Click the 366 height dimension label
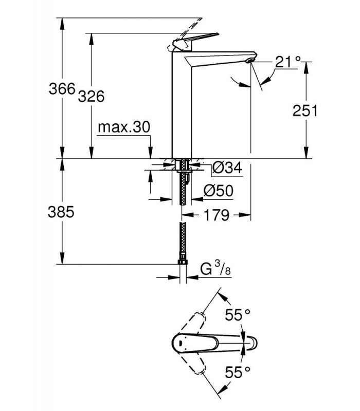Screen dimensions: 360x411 tap(62, 88)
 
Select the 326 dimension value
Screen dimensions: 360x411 tap(92, 96)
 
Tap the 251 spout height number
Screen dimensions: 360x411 tap(305, 110)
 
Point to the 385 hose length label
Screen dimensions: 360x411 tap(61, 212)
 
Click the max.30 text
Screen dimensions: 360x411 tap(124, 127)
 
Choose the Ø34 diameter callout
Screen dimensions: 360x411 tap(227, 167)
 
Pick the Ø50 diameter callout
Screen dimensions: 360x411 tap(218, 191)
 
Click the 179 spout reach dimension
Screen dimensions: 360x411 tap(216, 215)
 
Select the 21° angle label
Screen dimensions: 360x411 tap(287, 62)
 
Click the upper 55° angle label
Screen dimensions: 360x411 tap(238, 314)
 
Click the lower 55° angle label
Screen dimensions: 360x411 tap(238, 372)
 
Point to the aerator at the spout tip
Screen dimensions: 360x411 tap(249, 61)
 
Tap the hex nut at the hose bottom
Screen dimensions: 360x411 tap(183, 262)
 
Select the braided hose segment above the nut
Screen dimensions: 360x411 tap(183, 240)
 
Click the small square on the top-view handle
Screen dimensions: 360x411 tap(181, 343)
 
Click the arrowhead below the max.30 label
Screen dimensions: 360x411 tap(150, 153)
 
